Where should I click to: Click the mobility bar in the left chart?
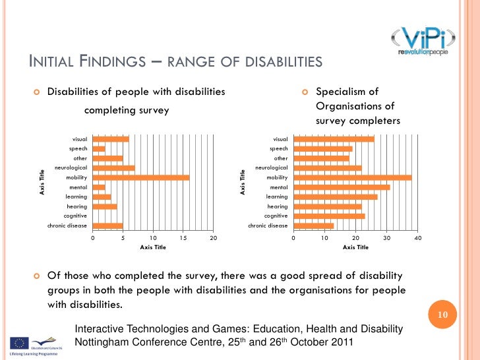coord(140,177)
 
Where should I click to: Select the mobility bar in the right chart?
coord(352,177)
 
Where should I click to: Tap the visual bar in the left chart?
coord(111,139)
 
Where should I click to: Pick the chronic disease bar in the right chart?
coord(313,225)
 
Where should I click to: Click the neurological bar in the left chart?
coord(113,167)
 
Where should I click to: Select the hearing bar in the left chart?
coord(104,206)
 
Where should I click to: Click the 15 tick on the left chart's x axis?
coord(183,237)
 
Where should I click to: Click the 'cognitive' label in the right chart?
coord(276,216)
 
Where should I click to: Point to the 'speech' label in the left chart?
coord(78,148)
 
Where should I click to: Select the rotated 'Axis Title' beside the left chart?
coord(42,183)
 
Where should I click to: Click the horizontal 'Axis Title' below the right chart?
coord(355,247)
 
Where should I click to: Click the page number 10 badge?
coord(443,315)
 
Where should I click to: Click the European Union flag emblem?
coord(18,343)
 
